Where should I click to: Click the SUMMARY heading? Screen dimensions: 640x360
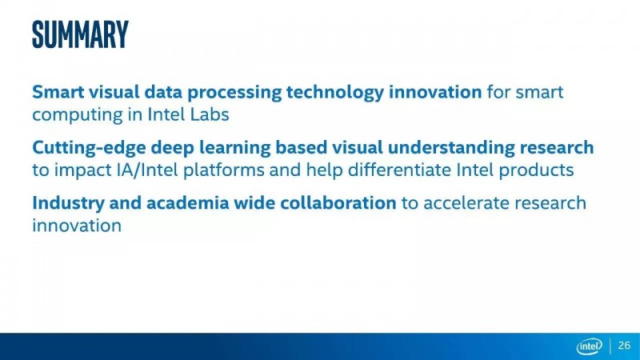point(81,34)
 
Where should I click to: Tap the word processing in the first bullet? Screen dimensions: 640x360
point(234,93)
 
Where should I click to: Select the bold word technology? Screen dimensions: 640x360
point(335,93)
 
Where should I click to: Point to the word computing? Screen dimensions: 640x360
point(77,115)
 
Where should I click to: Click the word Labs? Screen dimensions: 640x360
point(210,114)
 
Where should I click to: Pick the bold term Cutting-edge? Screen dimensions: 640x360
point(89,148)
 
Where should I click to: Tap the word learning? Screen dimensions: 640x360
point(234,148)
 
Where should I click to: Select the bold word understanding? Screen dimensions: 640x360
point(451,147)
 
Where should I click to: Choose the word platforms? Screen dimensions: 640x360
point(224,170)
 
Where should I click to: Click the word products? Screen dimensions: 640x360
point(536,170)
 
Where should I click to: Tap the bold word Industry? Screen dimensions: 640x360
point(68,203)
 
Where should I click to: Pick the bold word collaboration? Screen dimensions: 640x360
point(338,203)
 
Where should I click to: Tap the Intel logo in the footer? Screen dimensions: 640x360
point(589,346)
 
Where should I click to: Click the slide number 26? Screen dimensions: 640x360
point(624,346)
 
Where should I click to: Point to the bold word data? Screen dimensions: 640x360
point(163,92)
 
